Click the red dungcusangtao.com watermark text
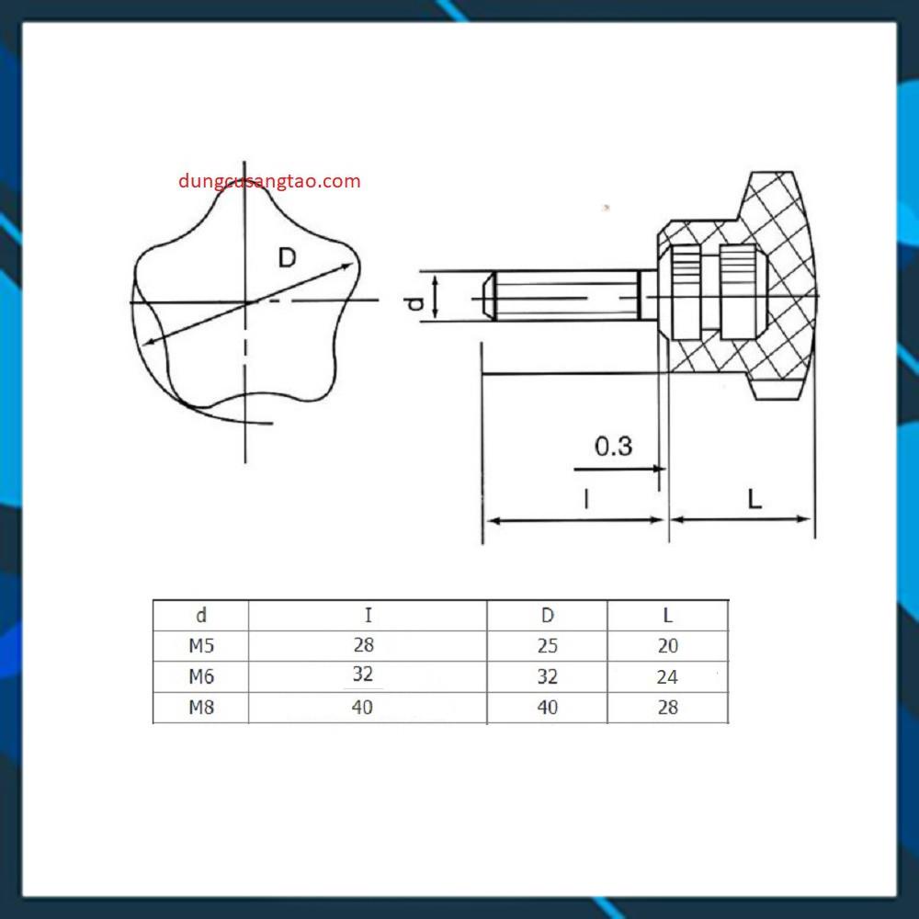[269, 181]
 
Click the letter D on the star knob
[288, 258]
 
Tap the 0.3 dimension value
[613, 447]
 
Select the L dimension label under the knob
[754, 499]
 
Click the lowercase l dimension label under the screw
[585, 499]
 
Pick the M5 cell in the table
[201, 646]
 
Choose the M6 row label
[201, 677]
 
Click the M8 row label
[201, 708]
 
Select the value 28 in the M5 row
[363, 646]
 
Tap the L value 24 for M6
[668, 677]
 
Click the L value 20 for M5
[668, 646]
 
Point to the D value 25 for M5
[547, 646]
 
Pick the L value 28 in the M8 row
[668, 708]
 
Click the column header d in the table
[201, 616]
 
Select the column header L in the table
[668, 616]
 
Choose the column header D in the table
[547, 616]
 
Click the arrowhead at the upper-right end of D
[349, 267]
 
